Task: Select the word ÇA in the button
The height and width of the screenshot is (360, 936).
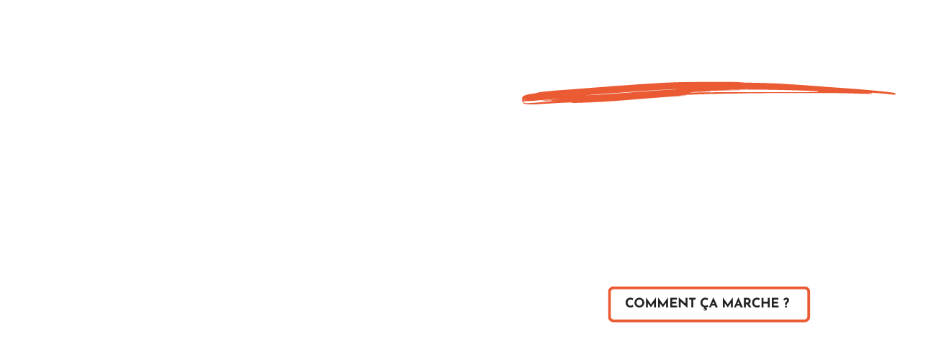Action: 708,304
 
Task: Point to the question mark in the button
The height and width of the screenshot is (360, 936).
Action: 786,304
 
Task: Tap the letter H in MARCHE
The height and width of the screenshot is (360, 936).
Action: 765,304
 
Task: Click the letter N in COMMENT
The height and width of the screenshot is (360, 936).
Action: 680,304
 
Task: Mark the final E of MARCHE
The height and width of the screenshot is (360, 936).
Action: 775,304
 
